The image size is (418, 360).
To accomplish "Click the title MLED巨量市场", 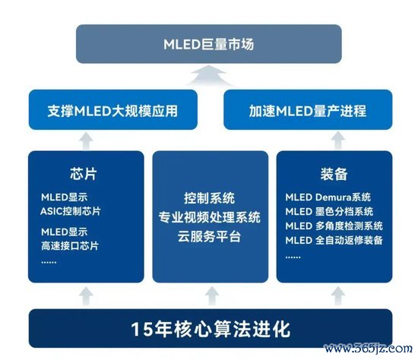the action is pyautogui.click(x=209, y=44).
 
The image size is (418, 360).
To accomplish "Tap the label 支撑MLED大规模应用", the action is pyautogui.click(x=112, y=111).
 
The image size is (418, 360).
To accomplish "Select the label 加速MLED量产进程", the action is pyautogui.click(x=308, y=111).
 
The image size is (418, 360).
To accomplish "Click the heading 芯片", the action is pyautogui.click(x=84, y=174).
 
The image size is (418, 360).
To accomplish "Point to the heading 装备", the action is pyautogui.click(x=334, y=174).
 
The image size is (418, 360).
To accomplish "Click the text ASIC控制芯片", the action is pyautogui.click(x=71, y=211).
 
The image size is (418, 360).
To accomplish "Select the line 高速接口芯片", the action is pyautogui.click(x=70, y=245).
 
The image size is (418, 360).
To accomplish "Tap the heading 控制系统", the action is pyautogui.click(x=209, y=198).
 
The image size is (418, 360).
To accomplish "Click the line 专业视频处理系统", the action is pyautogui.click(x=210, y=217).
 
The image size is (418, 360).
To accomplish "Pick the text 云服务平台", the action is pyautogui.click(x=209, y=236).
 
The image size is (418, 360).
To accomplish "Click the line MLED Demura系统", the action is pyautogui.click(x=328, y=197).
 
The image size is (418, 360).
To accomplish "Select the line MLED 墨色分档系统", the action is pyautogui.click(x=329, y=212).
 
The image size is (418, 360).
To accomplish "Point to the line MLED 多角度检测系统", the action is pyautogui.click(x=334, y=226).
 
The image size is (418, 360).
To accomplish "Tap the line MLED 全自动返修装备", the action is pyautogui.click(x=334, y=240).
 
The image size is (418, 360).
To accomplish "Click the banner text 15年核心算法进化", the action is pyautogui.click(x=211, y=330).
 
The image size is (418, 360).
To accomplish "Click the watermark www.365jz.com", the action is pyautogui.click(x=368, y=349).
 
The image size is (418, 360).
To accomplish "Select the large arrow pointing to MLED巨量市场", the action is pyautogui.click(x=209, y=75).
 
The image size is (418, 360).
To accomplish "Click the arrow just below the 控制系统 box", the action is pyautogui.click(x=212, y=295).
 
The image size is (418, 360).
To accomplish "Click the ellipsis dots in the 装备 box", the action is pyautogui.click(x=293, y=257).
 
